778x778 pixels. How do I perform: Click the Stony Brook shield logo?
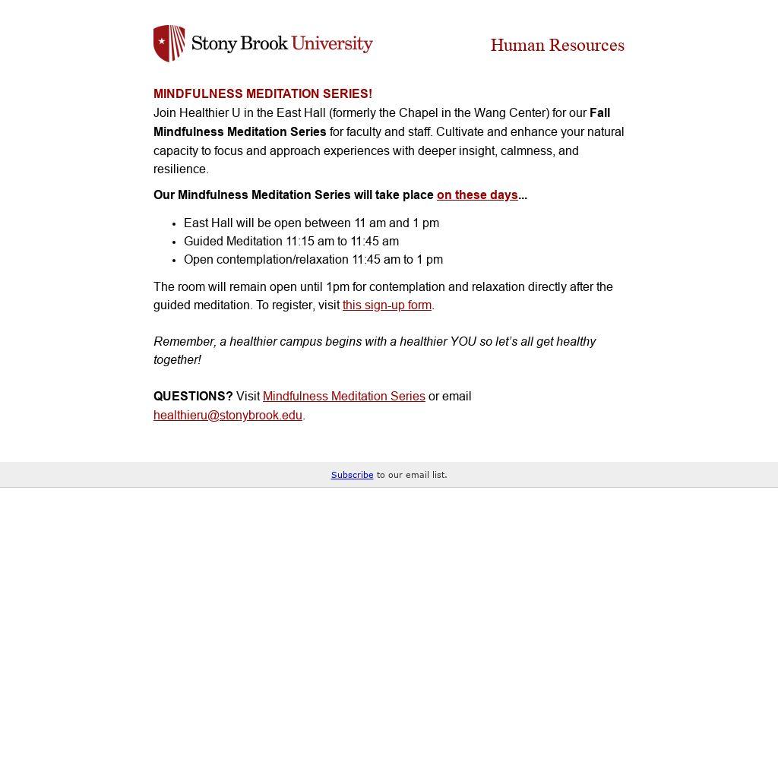click(169, 43)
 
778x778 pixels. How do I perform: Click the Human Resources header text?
click(557, 46)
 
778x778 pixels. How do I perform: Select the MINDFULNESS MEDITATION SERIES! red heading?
click(263, 94)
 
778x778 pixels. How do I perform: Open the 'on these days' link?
click(477, 195)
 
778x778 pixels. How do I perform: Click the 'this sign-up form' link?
click(387, 305)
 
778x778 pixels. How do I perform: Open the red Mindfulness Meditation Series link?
click(343, 397)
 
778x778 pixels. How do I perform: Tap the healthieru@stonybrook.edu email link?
click(228, 416)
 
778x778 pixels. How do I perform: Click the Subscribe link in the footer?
click(352, 475)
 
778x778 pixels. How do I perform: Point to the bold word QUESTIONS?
click(193, 397)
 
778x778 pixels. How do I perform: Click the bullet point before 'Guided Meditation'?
click(175, 242)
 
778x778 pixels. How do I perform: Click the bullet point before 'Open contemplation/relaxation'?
click(175, 261)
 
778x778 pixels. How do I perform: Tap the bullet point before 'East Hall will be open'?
click(175, 224)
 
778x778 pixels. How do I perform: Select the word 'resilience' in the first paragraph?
click(180, 169)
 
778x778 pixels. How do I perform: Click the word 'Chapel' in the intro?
click(418, 113)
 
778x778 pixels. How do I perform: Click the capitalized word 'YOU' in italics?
click(463, 342)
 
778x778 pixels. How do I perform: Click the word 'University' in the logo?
click(332, 43)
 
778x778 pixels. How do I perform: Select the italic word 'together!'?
click(177, 360)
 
